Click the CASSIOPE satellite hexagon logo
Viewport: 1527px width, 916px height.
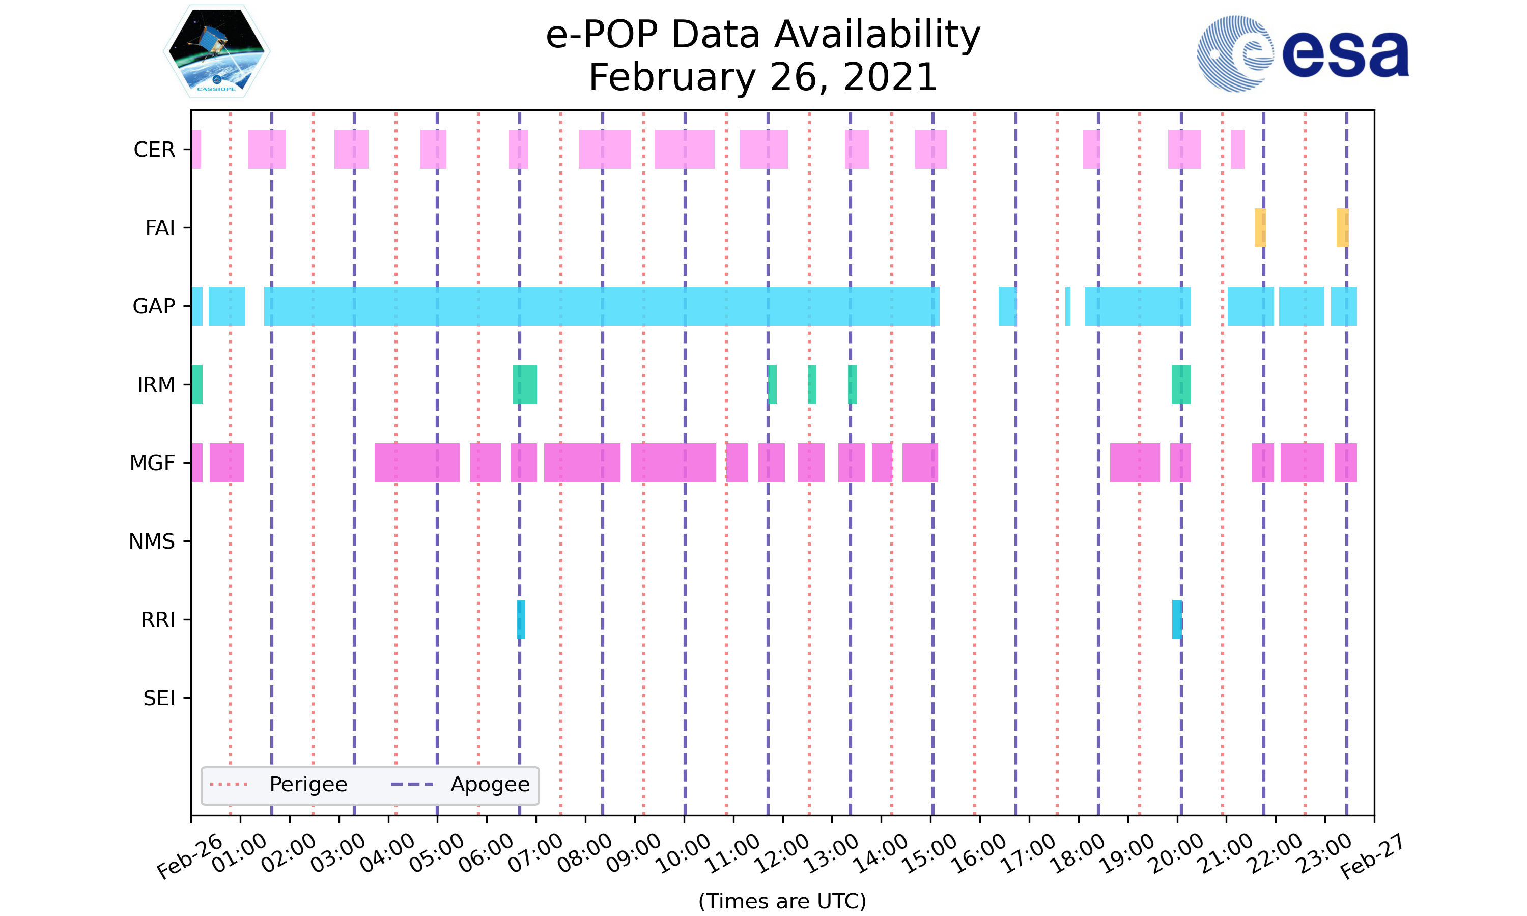point(217,52)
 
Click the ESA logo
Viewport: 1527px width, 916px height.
point(1303,54)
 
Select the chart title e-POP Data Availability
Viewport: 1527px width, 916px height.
point(763,35)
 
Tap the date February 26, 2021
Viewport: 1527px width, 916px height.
point(763,77)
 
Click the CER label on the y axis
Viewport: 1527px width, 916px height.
point(154,150)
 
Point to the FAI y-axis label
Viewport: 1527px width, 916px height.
point(160,228)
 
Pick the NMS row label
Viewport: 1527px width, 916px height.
point(152,541)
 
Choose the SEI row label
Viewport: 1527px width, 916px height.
point(159,698)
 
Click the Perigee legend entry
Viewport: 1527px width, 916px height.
point(308,785)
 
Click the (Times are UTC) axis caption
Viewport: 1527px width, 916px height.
point(782,901)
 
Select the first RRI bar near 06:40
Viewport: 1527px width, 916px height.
point(521,619)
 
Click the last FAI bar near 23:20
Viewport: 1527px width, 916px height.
point(1342,228)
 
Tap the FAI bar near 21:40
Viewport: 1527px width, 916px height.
point(1260,228)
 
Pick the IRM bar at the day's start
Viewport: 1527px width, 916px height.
point(197,385)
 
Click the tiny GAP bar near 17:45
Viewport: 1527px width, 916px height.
point(1068,306)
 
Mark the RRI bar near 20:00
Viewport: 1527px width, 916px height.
point(1177,619)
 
